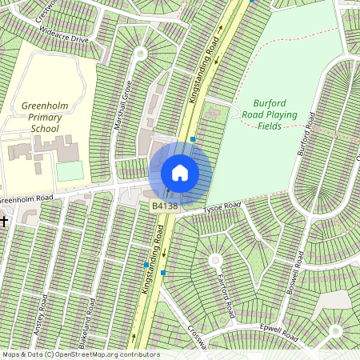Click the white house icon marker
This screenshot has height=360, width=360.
(x=180, y=173)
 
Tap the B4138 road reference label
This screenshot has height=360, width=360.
(x=164, y=206)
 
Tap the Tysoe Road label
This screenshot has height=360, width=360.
(x=222, y=208)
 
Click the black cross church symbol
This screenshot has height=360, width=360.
(x=4, y=220)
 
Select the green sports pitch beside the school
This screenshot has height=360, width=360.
(x=70, y=171)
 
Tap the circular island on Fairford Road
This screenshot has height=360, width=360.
(x=214, y=260)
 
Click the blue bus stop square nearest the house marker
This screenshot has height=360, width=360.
(x=193, y=139)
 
